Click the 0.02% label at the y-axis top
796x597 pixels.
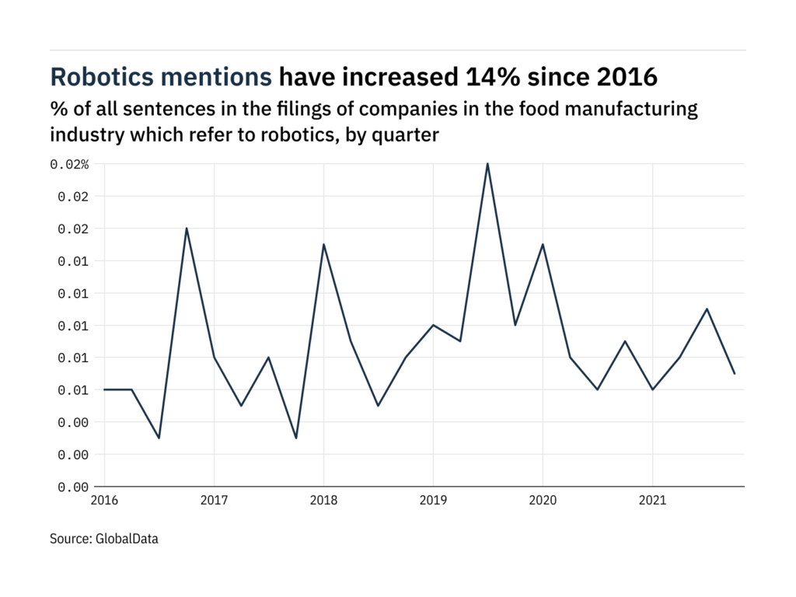[70, 164]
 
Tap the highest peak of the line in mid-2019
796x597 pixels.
[487, 164]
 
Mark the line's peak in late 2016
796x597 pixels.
[187, 229]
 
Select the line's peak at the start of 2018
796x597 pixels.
[323, 244]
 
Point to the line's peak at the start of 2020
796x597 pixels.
[542, 244]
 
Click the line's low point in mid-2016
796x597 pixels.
[159, 438]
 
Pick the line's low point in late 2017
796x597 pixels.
[296, 438]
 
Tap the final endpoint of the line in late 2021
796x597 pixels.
[735, 374]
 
